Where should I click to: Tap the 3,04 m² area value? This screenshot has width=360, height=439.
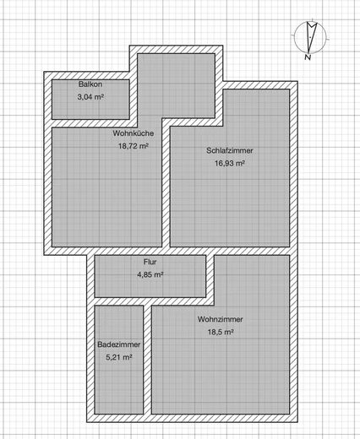click(x=90, y=98)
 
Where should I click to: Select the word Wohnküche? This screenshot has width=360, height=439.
click(x=132, y=133)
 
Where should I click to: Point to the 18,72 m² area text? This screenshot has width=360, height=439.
click(x=134, y=145)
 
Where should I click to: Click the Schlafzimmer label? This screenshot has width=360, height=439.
click(x=229, y=151)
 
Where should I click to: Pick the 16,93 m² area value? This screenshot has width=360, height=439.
click(x=229, y=163)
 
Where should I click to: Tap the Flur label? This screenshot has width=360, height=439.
click(x=150, y=262)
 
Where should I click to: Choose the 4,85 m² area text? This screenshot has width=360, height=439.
click(x=150, y=274)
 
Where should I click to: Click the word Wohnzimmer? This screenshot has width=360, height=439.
click(x=221, y=320)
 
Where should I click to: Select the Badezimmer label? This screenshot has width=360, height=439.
click(x=118, y=345)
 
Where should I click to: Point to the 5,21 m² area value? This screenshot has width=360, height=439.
click(x=119, y=357)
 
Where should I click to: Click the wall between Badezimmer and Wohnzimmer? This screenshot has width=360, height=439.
click(x=148, y=363)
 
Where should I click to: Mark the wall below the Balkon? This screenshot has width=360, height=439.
click(x=89, y=123)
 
